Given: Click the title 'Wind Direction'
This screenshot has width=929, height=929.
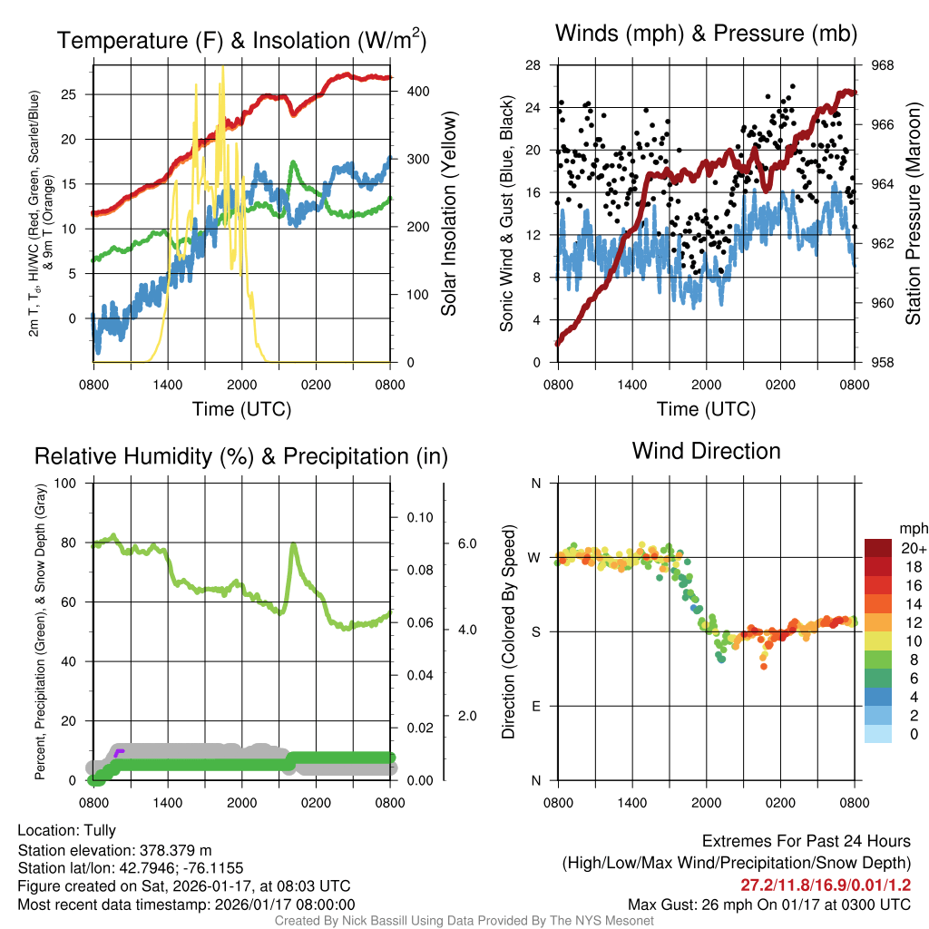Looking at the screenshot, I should click(x=706, y=451).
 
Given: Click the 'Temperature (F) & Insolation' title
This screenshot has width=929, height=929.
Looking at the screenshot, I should click(x=241, y=41).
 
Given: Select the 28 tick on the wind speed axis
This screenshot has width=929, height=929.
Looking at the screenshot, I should click(x=533, y=65).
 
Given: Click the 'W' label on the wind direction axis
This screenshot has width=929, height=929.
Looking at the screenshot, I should click(x=534, y=557).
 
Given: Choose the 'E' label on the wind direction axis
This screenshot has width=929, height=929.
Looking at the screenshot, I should click(x=535, y=706).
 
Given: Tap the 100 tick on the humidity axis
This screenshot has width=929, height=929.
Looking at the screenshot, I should click(x=66, y=483).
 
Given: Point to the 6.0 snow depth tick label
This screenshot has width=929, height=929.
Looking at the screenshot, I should click(x=464, y=543).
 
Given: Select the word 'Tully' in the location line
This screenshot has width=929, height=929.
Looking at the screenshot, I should click(x=100, y=830).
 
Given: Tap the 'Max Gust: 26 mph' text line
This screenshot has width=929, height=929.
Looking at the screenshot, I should click(x=769, y=905).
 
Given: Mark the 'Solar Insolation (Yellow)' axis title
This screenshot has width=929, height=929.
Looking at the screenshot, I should click(x=448, y=214).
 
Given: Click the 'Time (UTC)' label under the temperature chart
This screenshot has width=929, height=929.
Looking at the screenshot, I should click(x=241, y=409).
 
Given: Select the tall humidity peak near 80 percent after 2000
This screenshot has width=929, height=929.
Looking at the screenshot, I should click(x=294, y=545).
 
